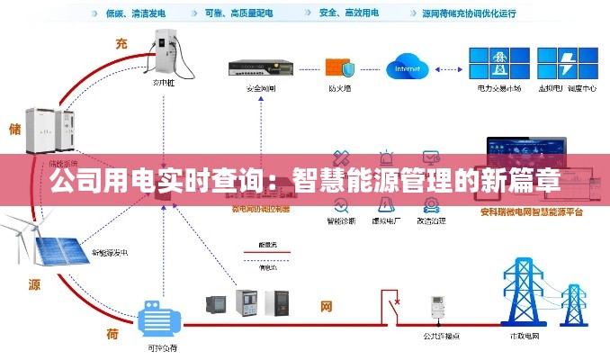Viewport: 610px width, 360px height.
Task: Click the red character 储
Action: click(x=13, y=129)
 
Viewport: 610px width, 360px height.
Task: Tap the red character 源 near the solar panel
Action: click(x=34, y=284)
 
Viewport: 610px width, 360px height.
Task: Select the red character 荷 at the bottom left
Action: click(x=112, y=334)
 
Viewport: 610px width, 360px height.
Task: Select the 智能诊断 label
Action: click(x=341, y=220)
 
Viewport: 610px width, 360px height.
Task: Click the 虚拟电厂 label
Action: click(x=387, y=220)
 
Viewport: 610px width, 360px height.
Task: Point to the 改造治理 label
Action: click(x=431, y=220)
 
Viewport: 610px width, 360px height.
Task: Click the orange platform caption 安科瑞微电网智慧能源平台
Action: click(x=532, y=211)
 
